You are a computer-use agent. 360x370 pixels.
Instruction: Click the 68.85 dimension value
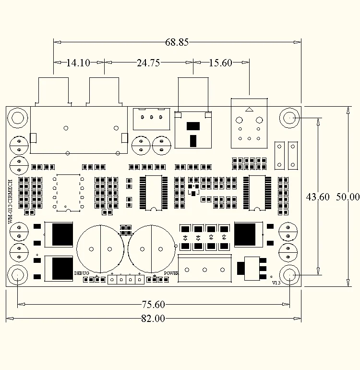[177, 42]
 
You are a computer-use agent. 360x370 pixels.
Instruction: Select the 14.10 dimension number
[78, 63]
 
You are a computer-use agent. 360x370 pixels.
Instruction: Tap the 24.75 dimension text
[148, 63]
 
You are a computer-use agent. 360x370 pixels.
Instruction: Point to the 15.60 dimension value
[220, 63]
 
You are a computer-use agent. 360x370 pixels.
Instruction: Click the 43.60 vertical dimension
[318, 197]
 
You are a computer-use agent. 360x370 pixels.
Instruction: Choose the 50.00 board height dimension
[348, 197]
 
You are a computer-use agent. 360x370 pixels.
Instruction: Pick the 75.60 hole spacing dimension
[153, 304]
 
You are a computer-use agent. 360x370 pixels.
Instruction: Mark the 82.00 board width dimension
[153, 319]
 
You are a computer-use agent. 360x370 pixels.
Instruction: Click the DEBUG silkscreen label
[82, 273]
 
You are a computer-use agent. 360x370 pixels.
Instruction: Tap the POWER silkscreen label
[171, 273]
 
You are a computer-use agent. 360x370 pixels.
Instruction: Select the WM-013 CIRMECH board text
[10, 201]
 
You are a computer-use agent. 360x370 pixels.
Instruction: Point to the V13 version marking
[276, 283]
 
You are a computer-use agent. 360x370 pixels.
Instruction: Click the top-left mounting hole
[18, 118]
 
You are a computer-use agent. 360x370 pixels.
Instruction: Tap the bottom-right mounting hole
[289, 275]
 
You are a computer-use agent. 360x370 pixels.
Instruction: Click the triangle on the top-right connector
[249, 110]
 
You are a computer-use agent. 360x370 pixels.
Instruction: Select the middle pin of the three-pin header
[152, 117]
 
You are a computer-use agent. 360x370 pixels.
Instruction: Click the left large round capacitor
[100, 249]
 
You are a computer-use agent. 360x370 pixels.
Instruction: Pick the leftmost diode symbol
[185, 238]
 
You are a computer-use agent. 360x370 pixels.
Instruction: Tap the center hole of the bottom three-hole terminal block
[204, 270]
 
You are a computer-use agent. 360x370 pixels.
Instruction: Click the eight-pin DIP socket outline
[68, 193]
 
